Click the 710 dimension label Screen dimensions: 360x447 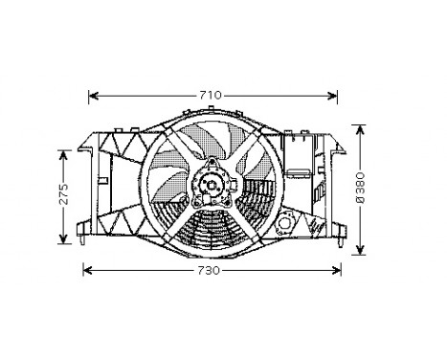[x=212, y=95]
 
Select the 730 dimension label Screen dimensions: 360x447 [x=212, y=271]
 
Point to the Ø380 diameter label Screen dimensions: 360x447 [x=361, y=191]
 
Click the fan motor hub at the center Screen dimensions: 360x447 [x=211, y=183]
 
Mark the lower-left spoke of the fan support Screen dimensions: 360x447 [x=172, y=214]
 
